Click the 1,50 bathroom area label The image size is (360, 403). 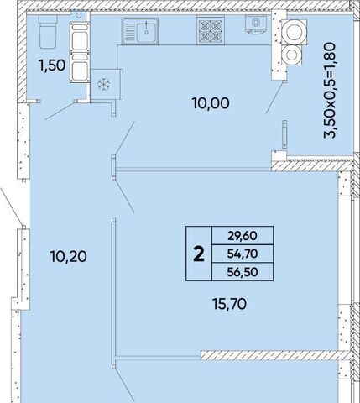pos(52,65)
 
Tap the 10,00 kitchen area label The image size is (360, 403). pos(211,103)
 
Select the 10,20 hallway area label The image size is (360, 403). pos(69,256)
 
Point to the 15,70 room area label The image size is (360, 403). pos(229,304)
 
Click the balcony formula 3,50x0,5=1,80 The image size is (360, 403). pos(329,90)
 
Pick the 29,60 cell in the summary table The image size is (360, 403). pos(243,236)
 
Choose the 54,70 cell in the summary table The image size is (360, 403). pos(243,254)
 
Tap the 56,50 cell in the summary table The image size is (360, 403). pos(243,272)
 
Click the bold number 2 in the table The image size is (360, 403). pos(199,254)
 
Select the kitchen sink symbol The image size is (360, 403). pos(140,31)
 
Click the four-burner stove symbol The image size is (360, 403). pos(211,30)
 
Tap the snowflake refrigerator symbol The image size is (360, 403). pos(104,84)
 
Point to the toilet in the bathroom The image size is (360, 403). pos(48,31)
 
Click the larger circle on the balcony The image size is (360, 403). pos(294,32)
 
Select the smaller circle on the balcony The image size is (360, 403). pos(291,55)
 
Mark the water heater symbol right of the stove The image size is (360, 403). pos(256,24)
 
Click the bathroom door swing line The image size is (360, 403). pos(60,111)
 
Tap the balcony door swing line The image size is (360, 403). pos(276,97)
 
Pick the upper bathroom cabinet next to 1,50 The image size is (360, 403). pos(80,37)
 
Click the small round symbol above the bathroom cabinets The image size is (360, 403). pos(79,15)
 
